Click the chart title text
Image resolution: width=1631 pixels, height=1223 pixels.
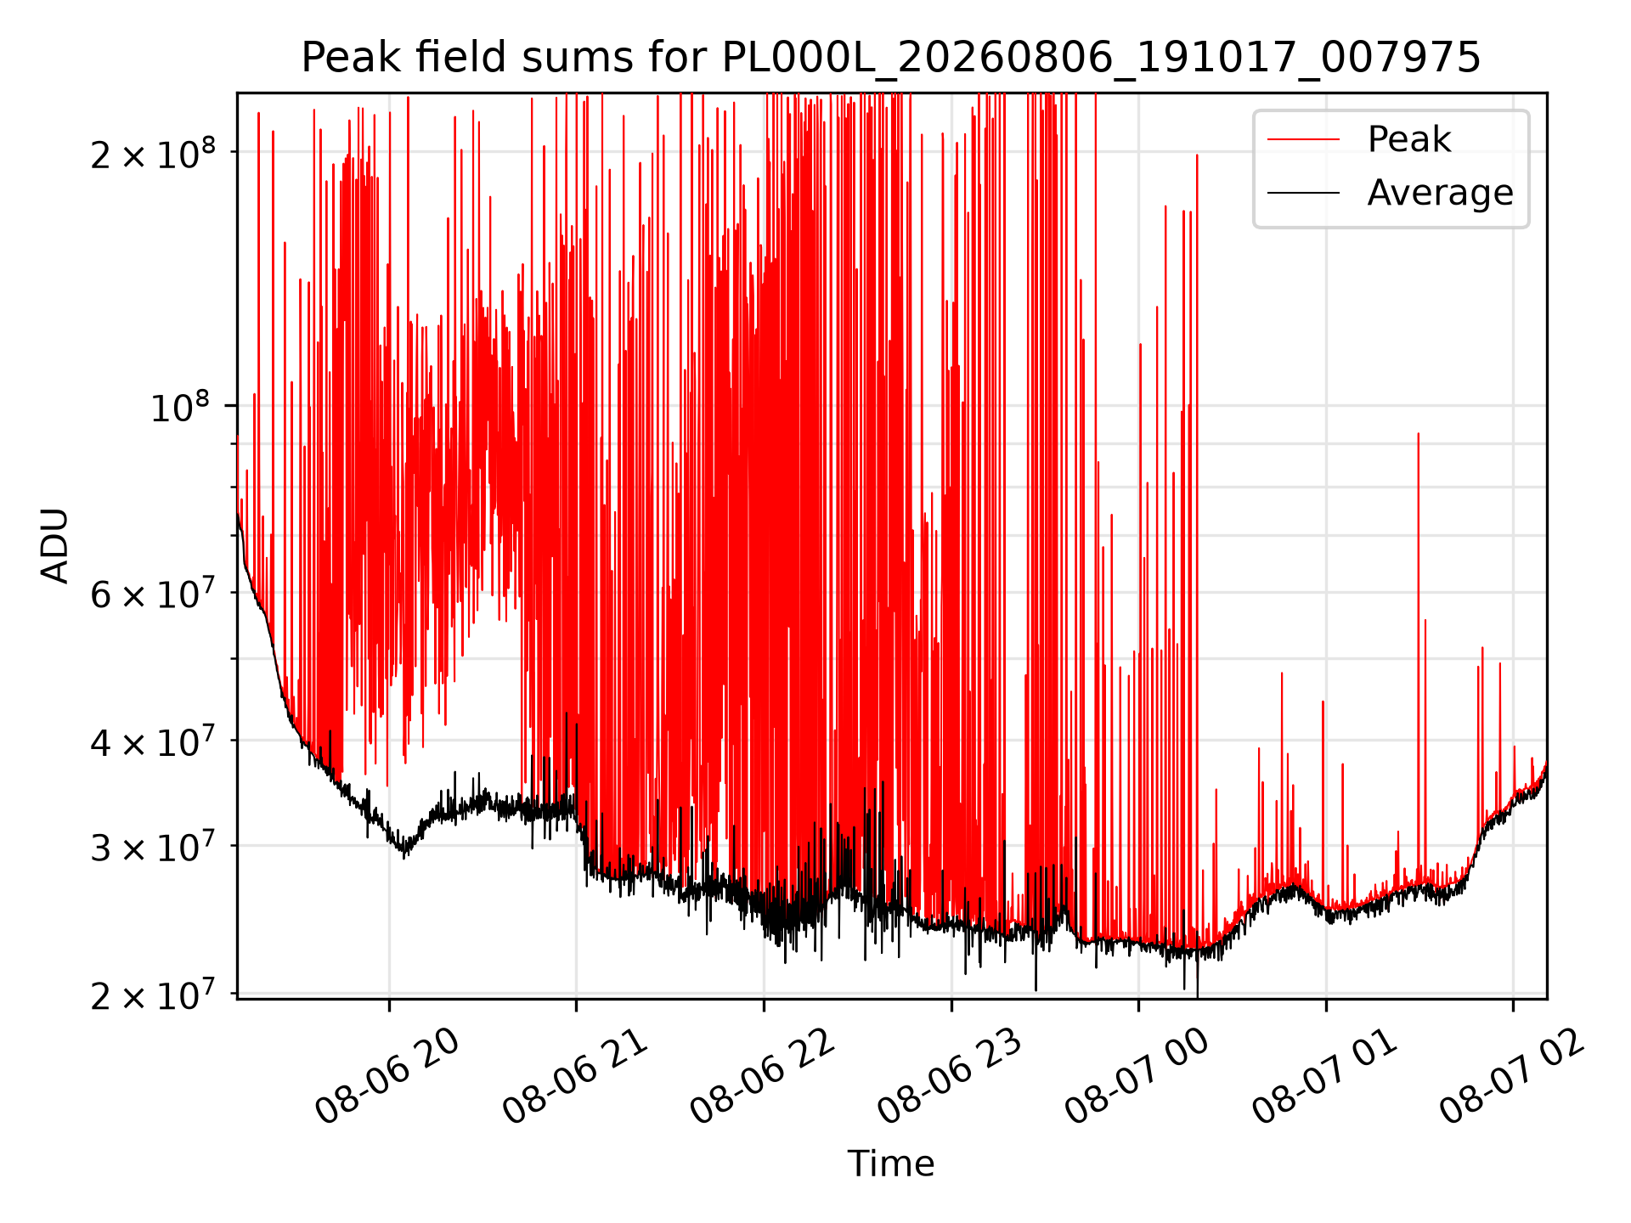tap(891, 58)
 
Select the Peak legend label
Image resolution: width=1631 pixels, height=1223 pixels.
tap(1409, 139)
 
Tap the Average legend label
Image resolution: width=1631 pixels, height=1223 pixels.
tap(1440, 193)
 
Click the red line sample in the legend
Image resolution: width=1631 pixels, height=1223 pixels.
tap(1304, 139)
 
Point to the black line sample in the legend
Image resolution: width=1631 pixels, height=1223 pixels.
tap(1304, 193)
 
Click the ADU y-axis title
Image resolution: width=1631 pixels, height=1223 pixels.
tap(55, 545)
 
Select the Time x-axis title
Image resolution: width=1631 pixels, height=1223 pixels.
tap(891, 1164)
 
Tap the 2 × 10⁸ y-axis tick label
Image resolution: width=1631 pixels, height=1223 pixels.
tap(153, 153)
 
